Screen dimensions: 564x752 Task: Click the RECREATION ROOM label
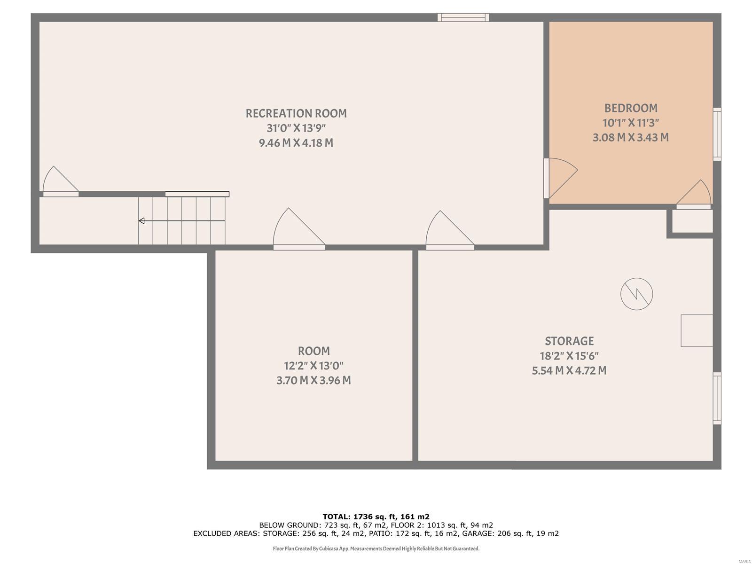tap(296, 113)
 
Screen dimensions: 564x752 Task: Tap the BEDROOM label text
tap(631, 108)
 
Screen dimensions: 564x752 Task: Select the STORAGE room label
tap(569, 341)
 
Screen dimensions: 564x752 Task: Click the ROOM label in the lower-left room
tap(313, 351)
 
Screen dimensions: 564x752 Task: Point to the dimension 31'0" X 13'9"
tap(296, 128)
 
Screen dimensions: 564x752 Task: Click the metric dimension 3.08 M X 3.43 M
tap(631, 138)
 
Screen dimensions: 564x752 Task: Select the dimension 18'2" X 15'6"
tap(569, 356)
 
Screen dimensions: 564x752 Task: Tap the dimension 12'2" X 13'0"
tap(313, 366)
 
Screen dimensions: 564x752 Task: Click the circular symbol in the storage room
tap(636, 294)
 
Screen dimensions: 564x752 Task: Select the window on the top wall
tap(463, 18)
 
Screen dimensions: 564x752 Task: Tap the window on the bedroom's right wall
tap(717, 134)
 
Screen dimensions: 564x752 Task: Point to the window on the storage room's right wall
tap(717, 398)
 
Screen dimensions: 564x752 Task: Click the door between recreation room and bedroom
tap(559, 178)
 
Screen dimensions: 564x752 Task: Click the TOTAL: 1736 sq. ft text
tap(376, 517)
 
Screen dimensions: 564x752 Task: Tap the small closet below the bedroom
tap(692, 221)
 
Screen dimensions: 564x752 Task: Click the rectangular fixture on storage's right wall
tap(697, 331)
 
